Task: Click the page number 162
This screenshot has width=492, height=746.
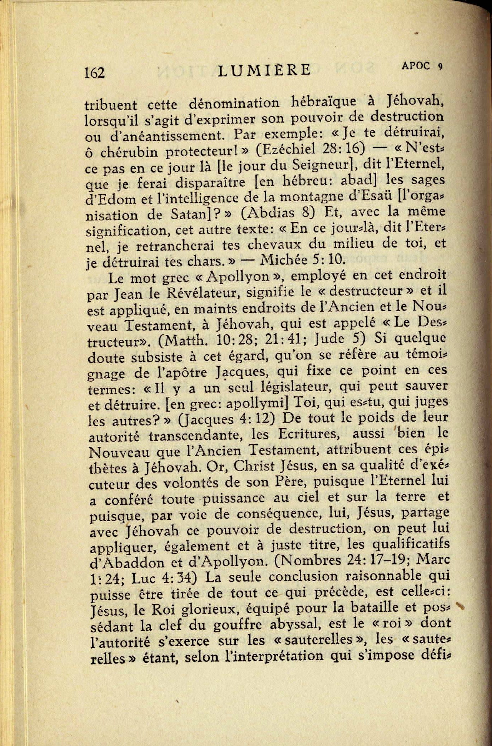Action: point(94,72)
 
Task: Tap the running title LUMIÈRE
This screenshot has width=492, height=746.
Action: point(264,70)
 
